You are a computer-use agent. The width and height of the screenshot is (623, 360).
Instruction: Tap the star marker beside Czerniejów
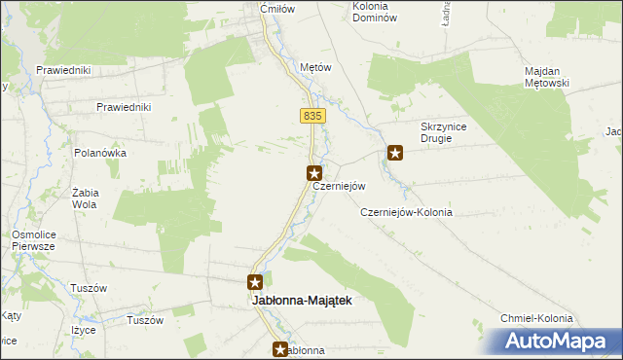coord(314,173)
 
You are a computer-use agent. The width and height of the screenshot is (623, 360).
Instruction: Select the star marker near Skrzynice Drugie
coord(395,152)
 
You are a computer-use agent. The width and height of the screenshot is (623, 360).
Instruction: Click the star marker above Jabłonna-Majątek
coord(255,282)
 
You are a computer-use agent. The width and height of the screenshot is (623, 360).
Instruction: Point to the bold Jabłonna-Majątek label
coord(295,302)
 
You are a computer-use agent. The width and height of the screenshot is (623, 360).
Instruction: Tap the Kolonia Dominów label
coord(375,12)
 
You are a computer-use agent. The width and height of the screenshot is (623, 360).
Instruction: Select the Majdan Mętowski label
coord(552,78)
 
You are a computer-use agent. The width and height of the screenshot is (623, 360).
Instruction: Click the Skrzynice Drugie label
coord(450,132)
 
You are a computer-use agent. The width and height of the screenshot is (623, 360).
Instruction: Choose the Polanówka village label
coord(100,153)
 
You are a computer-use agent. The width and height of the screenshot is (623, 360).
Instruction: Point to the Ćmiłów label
coord(276,9)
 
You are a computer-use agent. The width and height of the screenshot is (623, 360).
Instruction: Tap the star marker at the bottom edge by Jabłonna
coord(280,349)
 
